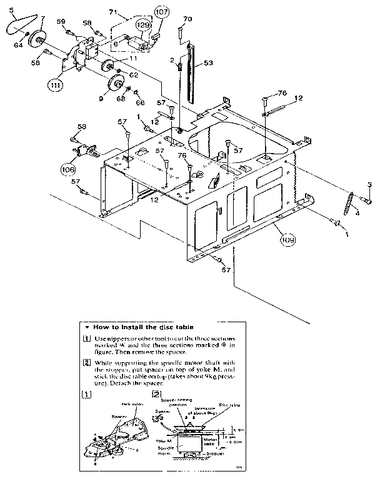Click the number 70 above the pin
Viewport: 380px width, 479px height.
(x=188, y=19)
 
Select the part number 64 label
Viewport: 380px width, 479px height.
(x=17, y=44)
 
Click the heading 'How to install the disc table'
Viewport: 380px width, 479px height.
(x=142, y=327)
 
